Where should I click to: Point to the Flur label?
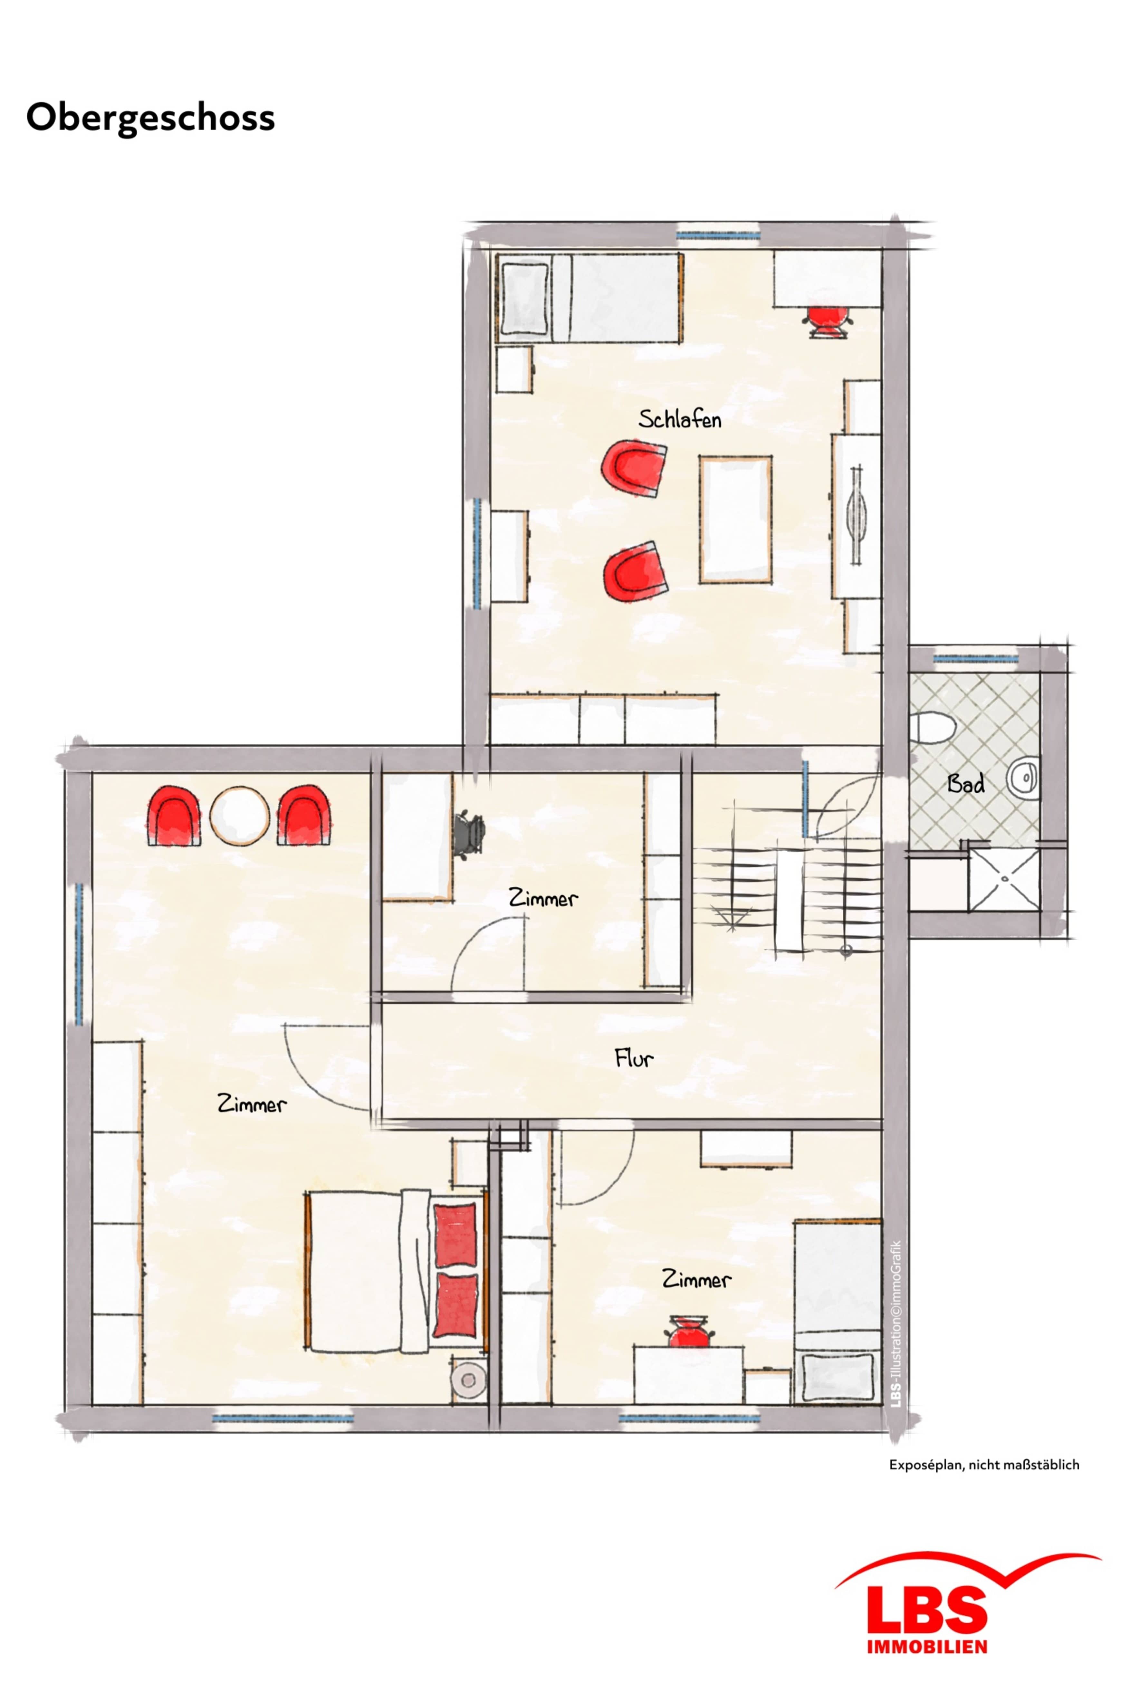point(634,1058)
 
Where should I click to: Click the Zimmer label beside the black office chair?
point(543,898)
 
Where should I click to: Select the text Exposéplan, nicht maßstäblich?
point(984,1465)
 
